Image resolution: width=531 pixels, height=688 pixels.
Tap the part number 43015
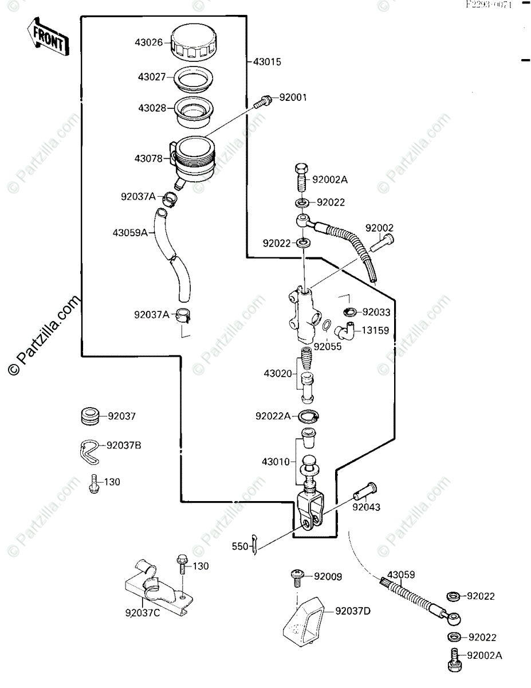[x=267, y=61]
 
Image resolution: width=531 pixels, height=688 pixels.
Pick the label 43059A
[x=130, y=233]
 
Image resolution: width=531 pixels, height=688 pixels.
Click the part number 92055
[x=328, y=346]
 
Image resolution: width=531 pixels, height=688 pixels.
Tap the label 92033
[x=376, y=312]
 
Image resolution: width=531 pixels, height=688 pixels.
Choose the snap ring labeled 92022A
[x=308, y=416]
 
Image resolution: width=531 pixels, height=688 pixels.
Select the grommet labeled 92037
[x=89, y=416]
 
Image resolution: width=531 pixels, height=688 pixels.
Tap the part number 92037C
[x=143, y=613]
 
